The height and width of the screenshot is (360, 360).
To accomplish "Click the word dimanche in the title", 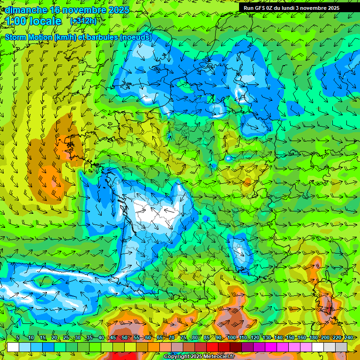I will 26,10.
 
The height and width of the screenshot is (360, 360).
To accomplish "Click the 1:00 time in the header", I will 17,21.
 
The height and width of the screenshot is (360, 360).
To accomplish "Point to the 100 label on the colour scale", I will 231,338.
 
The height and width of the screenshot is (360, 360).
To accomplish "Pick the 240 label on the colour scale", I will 348,338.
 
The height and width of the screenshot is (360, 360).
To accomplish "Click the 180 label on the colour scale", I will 313,338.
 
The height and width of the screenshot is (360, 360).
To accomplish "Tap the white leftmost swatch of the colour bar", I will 13,347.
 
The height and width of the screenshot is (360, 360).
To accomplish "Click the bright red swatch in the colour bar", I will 212,347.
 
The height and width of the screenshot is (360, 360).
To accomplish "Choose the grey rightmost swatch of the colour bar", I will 341,347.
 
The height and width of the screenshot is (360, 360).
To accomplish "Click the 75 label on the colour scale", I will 183,338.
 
